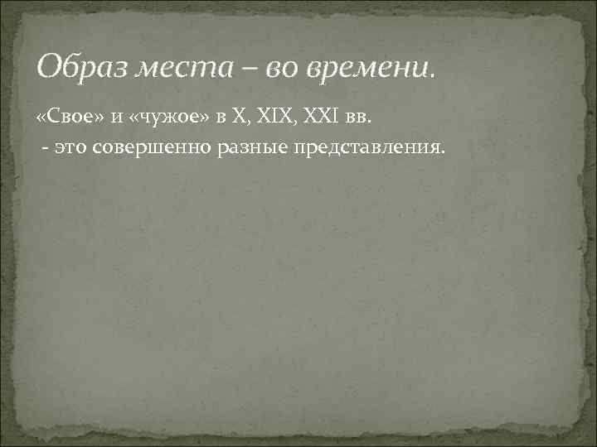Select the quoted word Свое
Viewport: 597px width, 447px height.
click(x=72, y=121)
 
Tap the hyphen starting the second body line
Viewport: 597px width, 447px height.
click(x=43, y=147)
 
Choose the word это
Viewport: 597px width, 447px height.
click(x=70, y=147)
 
